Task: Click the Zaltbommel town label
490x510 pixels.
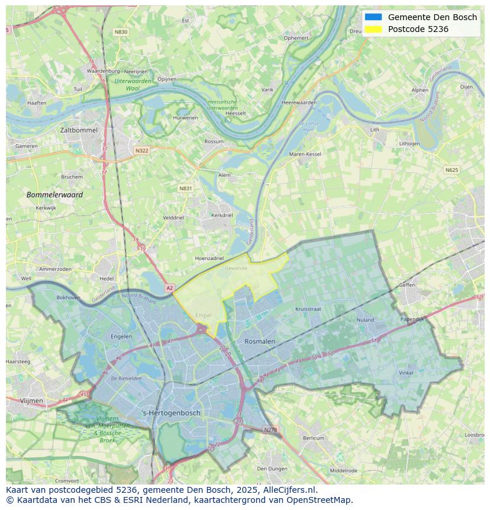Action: tap(79, 130)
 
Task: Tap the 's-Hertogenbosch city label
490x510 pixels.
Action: tap(172, 413)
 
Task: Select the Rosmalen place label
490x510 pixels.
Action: tap(260, 341)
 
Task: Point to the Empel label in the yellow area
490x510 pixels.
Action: tap(203, 316)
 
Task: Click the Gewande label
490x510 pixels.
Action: tap(236, 268)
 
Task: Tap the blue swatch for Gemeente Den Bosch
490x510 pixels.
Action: tap(373, 17)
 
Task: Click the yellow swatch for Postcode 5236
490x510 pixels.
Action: tap(373, 29)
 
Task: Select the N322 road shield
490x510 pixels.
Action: tap(141, 150)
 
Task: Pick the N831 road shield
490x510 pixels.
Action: tap(186, 188)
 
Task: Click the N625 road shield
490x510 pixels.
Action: tap(451, 170)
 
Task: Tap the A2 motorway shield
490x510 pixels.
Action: tap(170, 288)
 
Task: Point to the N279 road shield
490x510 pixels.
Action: tap(270, 429)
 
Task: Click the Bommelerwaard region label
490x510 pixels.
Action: tap(54, 194)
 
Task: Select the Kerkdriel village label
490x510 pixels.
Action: tap(222, 216)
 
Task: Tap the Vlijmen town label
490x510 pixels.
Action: tap(31, 401)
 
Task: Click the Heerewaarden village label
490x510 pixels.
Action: tap(299, 102)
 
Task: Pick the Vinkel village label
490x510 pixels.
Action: tap(406, 373)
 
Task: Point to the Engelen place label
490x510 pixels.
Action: tap(121, 336)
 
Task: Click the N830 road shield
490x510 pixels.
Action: tap(121, 32)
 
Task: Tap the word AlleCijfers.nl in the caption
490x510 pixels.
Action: tap(289, 490)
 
